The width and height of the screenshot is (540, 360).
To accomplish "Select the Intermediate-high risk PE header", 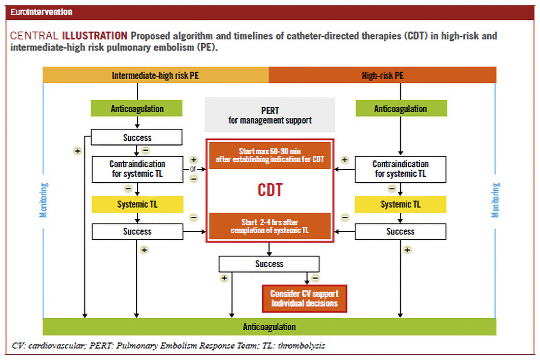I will (x=155, y=75).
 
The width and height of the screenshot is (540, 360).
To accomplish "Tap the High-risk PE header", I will (x=382, y=75).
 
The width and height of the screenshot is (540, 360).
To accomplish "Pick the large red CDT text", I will (x=270, y=190).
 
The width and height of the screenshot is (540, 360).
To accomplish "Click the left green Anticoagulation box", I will (x=137, y=108).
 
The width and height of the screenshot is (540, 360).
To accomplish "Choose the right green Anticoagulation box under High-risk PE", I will (x=400, y=108).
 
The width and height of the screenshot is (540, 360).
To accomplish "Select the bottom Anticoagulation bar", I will (x=269, y=327).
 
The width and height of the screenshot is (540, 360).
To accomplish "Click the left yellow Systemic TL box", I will (x=137, y=204).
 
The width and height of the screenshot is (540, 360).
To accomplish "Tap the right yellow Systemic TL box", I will (x=400, y=204).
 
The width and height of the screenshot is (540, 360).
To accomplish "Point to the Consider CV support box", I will (x=304, y=298).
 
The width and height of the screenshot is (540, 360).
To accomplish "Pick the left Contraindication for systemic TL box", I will (x=137, y=169).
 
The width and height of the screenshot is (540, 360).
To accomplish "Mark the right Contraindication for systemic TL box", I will (x=400, y=169).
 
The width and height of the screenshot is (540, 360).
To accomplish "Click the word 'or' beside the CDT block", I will (x=193, y=169).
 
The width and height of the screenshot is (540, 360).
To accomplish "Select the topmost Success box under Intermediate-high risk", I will (x=137, y=137).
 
